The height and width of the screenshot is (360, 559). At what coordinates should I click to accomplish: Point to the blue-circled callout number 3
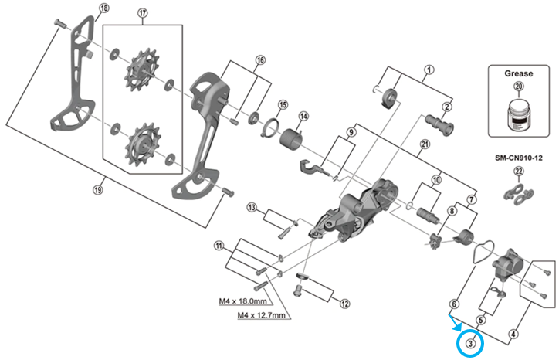tap(470, 342)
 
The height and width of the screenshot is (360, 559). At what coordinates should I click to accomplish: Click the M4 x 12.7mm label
tap(259, 316)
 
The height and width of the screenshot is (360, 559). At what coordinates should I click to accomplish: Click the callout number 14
tap(303, 116)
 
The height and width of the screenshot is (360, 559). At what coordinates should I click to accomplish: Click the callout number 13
tap(251, 208)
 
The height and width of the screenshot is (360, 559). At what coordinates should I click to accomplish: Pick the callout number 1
tap(426, 68)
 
